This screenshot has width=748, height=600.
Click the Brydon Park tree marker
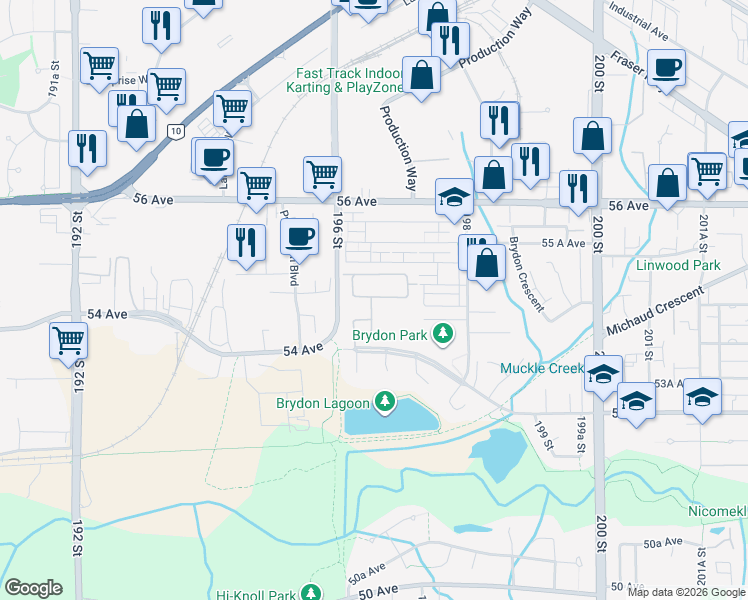pos(440,334)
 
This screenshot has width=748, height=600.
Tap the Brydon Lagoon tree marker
pos(384,403)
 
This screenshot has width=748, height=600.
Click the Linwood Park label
pos(678,266)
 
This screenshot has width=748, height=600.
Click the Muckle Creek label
pos(541,369)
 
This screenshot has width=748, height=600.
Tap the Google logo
pos(34,588)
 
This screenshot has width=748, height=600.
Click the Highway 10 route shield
pos(176,130)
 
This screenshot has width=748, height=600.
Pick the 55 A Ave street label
pos(561,243)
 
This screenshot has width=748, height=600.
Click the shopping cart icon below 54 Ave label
pos(69,340)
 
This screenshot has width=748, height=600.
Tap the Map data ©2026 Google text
pos(686,592)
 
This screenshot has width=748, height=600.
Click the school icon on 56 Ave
pos(454,198)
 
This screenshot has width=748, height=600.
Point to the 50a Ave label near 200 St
pos(661,542)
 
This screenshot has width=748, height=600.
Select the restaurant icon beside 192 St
pos(88,149)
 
